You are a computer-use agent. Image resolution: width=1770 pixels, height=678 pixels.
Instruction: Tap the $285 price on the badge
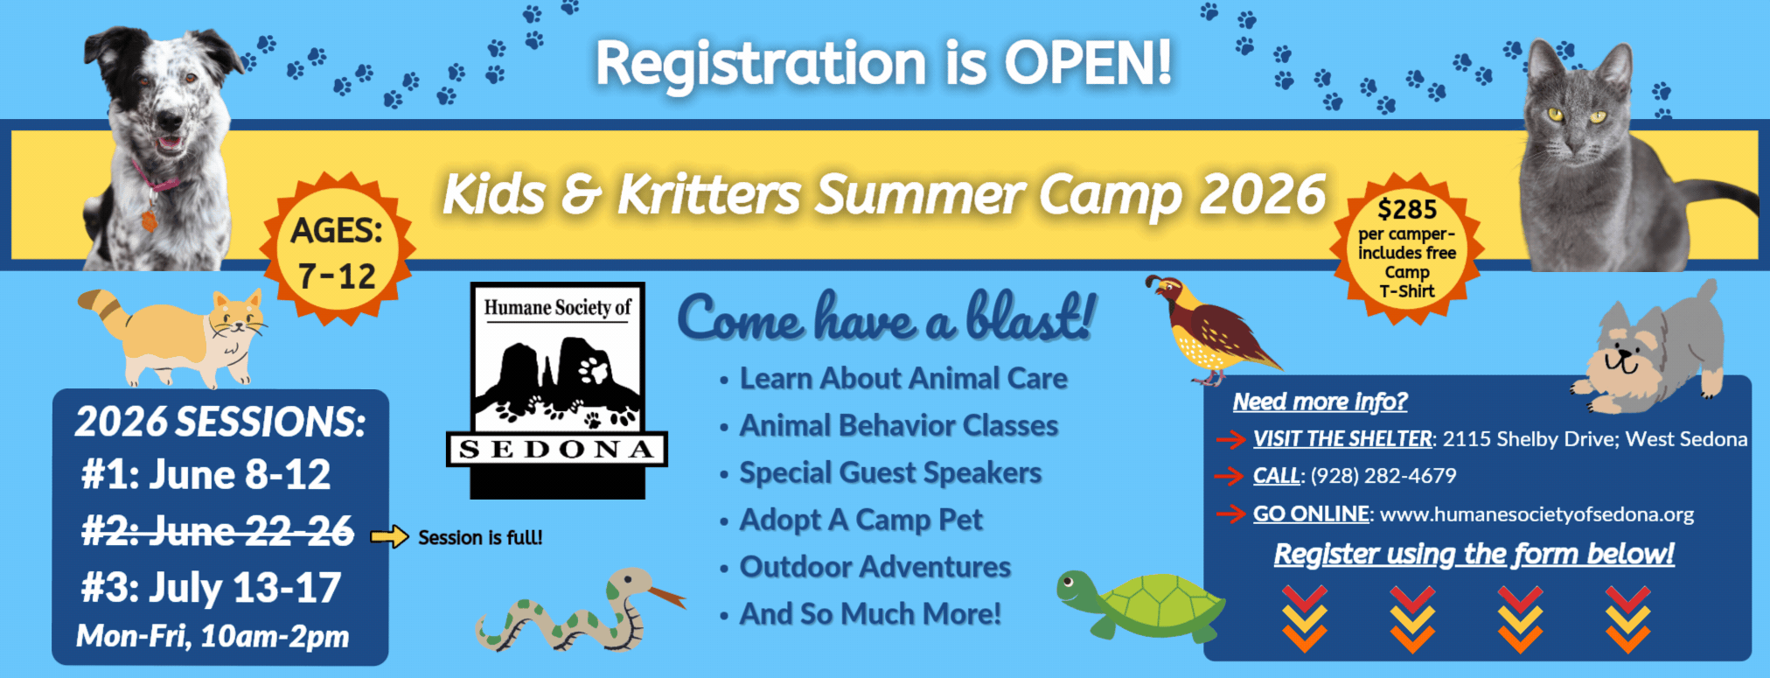click(x=1407, y=210)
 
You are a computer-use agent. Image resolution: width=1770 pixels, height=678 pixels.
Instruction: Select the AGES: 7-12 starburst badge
click(x=338, y=251)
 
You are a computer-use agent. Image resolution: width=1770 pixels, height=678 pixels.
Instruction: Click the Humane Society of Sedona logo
click(x=557, y=390)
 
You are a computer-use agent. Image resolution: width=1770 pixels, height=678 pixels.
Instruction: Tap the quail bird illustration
click(x=1211, y=332)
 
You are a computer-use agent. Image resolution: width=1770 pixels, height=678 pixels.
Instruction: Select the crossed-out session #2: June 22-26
click(x=218, y=531)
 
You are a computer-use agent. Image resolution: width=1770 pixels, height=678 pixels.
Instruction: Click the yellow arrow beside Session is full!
click(x=389, y=536)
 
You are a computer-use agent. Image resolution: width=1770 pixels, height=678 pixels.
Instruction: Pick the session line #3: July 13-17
click(x=211, y=588)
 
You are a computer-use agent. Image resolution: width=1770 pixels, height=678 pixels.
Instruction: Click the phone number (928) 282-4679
click(x=1383, y=476)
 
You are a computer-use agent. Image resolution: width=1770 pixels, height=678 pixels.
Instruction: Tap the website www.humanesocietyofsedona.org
click(x=1537, y=514)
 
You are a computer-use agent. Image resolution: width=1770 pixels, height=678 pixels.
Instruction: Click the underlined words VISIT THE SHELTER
click(x=1342, y=438)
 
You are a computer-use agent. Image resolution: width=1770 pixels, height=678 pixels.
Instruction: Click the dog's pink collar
click(x=156, y=180)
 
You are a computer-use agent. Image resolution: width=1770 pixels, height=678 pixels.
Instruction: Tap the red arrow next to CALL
click(x=1230, y=476)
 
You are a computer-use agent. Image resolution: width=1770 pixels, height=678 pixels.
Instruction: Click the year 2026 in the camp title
click(x=1263, y=194)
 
